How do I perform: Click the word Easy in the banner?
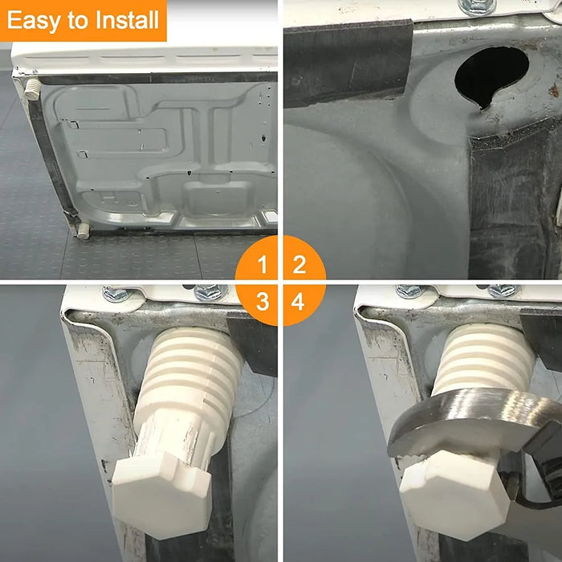point(35,20)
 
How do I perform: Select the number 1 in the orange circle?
point(262,263)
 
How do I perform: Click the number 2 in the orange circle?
point(299,263)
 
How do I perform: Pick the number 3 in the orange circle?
point(262,302)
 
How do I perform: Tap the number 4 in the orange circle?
point(299,302)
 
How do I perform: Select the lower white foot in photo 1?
point(82,231)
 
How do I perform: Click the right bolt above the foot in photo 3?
point(210,292)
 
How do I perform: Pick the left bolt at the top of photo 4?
point(409,291)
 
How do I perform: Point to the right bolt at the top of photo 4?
point(503,291)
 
